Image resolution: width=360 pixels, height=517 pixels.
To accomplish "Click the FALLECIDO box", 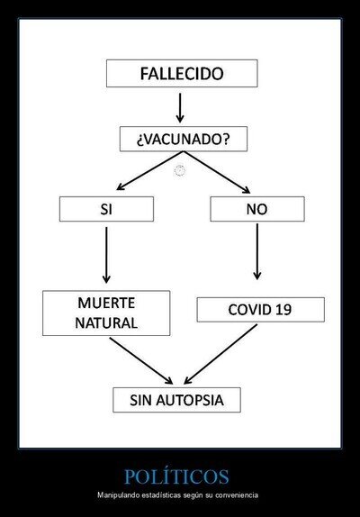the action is click(182, 73).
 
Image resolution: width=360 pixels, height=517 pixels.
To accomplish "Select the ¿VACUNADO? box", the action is click(184, 139).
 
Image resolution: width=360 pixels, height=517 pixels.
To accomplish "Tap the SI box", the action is click(106, 209).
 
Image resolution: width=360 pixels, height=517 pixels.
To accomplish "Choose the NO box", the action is click(257, 209).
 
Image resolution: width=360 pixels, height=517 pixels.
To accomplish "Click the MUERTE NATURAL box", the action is click(106, 313).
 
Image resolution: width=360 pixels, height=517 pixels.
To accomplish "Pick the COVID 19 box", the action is click(260, 310).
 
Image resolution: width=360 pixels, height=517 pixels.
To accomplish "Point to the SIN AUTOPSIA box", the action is click(177, 400).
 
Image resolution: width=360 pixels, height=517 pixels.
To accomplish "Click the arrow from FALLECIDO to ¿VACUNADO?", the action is click(180, 108).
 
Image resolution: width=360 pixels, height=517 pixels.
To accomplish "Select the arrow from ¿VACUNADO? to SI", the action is click(150, 171).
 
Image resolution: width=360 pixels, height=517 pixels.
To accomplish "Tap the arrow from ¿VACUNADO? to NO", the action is click(217, 172).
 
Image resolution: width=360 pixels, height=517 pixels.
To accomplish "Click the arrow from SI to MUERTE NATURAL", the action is click(106, 255).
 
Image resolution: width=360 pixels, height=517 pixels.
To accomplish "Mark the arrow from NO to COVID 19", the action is click(257, 251).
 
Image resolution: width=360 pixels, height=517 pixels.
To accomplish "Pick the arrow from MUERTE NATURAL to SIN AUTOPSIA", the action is click(141, 360).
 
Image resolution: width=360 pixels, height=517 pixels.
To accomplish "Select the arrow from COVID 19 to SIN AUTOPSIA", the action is click(220, 354).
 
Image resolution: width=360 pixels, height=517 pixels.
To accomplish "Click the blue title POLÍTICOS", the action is click(176, 476).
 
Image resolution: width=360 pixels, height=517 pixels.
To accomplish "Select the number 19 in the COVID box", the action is click(283, 310).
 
